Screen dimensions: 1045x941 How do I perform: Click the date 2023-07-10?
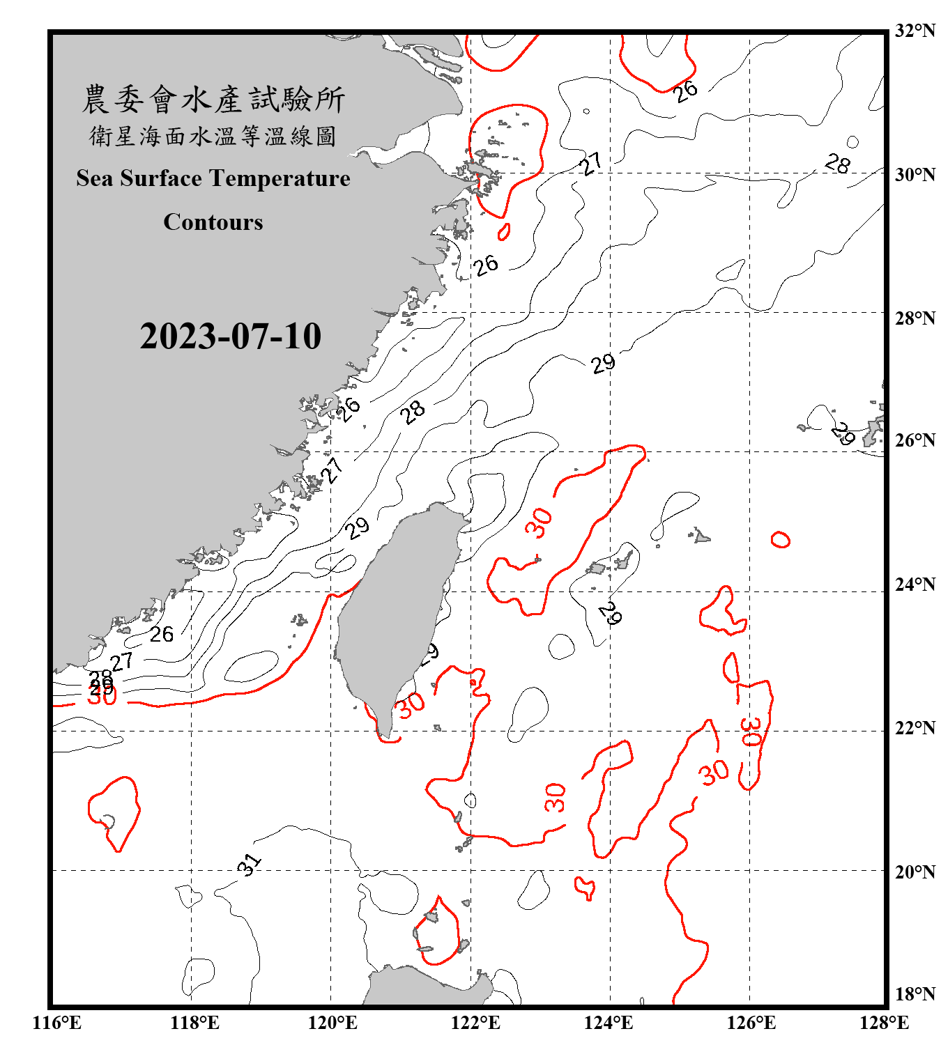coord(230,336)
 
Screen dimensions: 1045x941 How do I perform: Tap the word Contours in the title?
coord(213,222)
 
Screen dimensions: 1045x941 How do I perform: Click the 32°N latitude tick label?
coord(915,31)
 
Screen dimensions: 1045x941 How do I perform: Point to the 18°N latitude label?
coord(915,994)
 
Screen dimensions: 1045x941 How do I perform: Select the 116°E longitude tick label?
coord(57,1023)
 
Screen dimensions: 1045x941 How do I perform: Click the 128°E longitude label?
coord(885,1023)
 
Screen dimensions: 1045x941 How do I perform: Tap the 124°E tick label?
coord(609,1023)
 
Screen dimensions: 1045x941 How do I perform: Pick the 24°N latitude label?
coord(915,584)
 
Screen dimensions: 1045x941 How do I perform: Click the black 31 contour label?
coord(249,864)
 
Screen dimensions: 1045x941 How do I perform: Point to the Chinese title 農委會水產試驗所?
coord(213,100)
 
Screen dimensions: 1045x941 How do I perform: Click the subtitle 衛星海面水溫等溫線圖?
coord(213,137)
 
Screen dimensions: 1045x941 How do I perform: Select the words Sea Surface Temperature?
coord(213,178)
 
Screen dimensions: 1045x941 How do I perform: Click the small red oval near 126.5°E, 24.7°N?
coord(780,540)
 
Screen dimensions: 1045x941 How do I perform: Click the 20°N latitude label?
coord(915,872)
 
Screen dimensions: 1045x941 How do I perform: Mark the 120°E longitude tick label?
coord(332,1023)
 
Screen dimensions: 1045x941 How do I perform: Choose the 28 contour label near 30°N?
coord(837,164)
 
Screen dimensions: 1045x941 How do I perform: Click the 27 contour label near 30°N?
coord(591,164)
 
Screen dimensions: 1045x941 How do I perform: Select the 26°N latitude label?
coord(915,440)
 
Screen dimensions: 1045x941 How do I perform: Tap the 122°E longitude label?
coord(475,1023)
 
